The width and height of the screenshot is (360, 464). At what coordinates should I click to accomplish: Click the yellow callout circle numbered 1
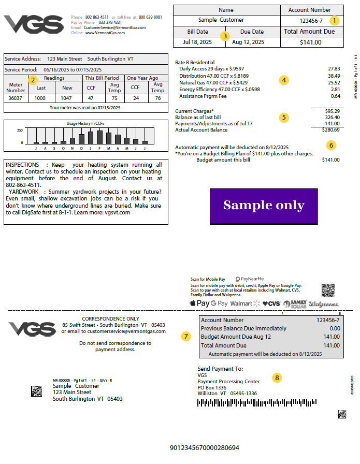coord(335,21)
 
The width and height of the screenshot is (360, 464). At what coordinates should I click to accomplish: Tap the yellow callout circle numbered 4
coord(283,80)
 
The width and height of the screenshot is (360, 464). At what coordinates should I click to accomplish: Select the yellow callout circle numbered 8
coord(277,378)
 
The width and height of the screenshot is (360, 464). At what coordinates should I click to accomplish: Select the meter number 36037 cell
coord(16,98)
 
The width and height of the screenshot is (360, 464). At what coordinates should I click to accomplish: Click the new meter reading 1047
coord(67,98)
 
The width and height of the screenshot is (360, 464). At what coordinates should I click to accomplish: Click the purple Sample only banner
coord(264,206)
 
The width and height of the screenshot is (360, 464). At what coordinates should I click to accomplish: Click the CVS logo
coord(271,303)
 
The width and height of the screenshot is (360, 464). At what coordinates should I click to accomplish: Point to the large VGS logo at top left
coord(34,24)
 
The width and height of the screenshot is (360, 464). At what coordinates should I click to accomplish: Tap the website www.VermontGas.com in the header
coord(105,33)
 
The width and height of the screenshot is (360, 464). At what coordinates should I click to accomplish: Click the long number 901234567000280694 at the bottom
coord(205,447)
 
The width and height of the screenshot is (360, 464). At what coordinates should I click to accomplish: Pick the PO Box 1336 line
coord(212,387)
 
